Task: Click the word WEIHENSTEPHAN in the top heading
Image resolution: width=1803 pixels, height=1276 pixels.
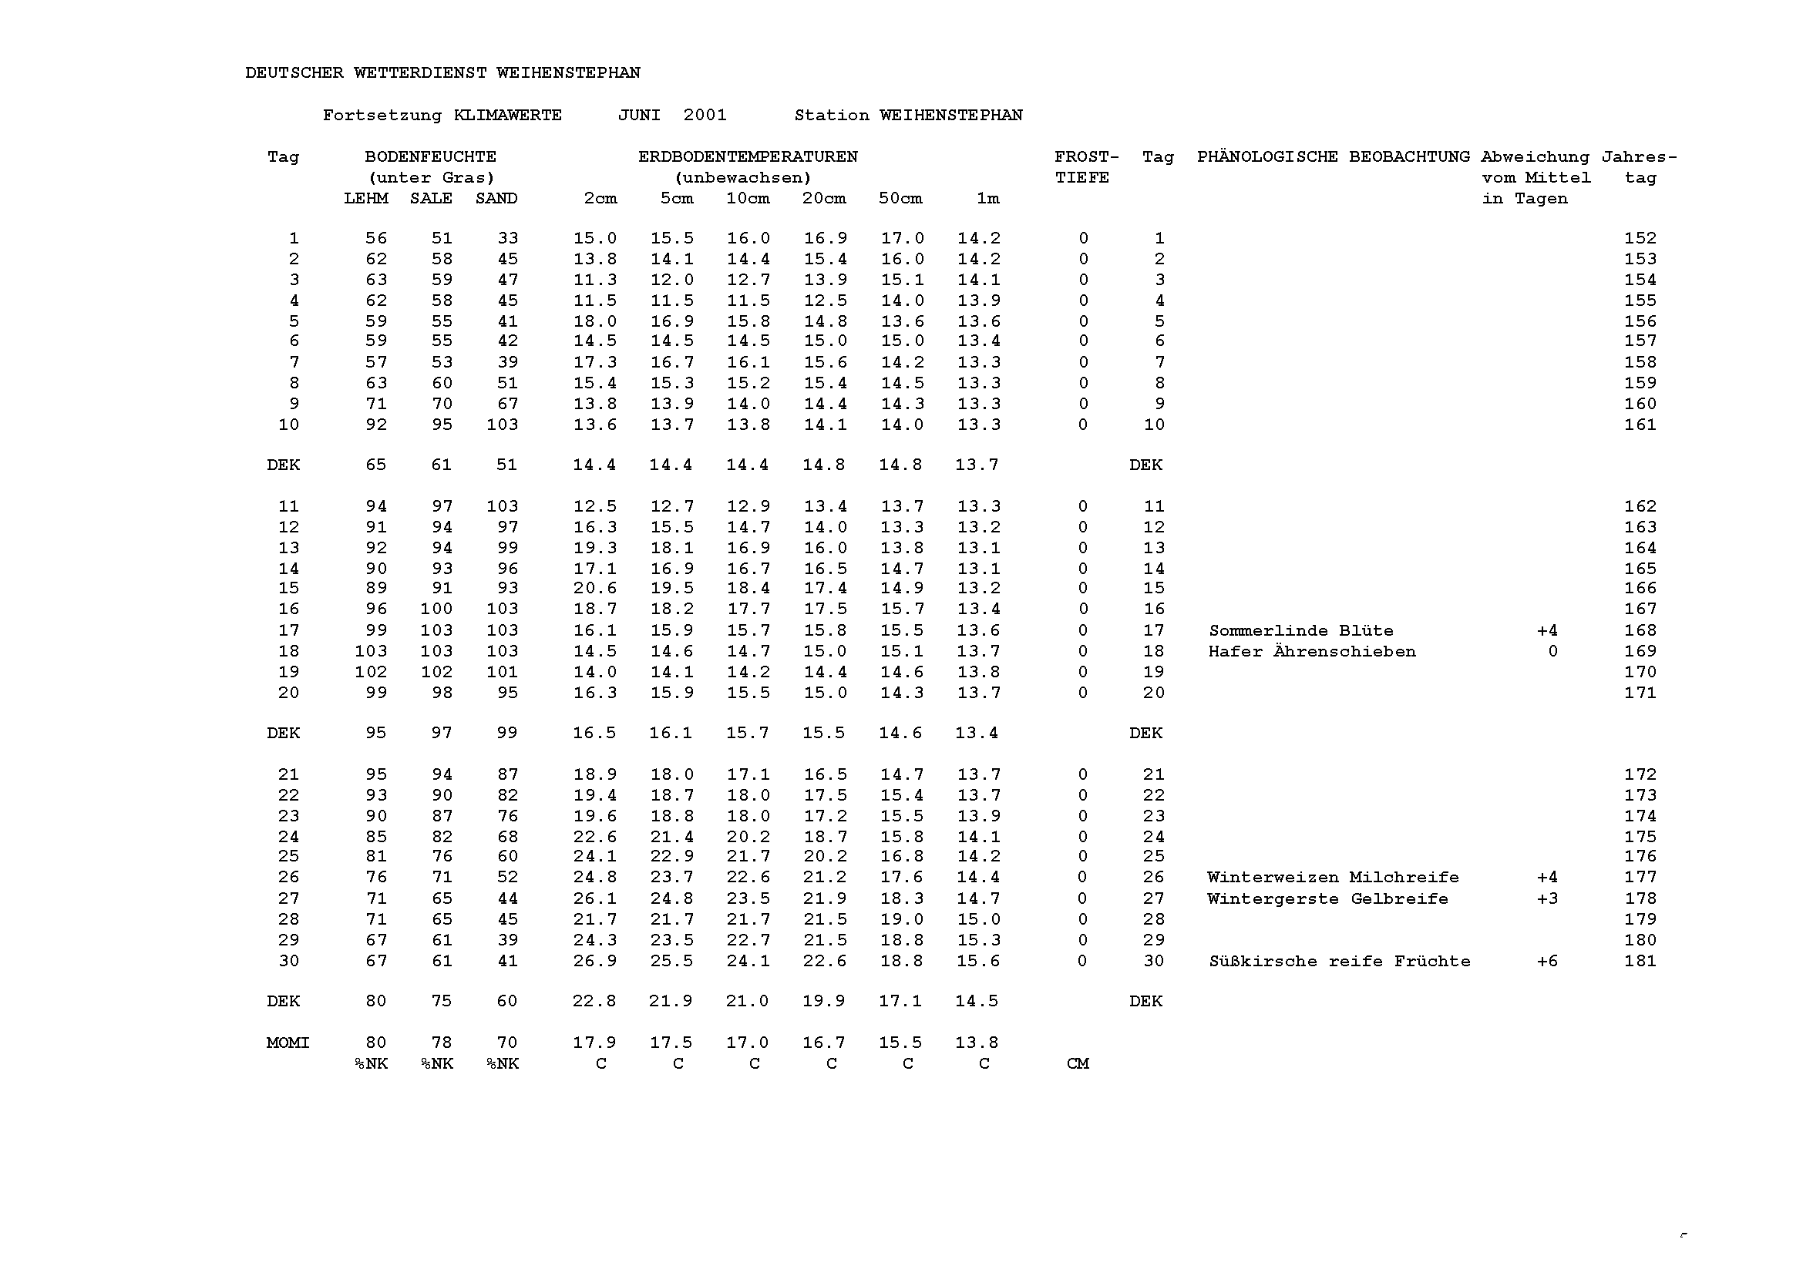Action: pos(567,73)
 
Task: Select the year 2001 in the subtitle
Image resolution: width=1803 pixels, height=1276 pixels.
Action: pos(705,116)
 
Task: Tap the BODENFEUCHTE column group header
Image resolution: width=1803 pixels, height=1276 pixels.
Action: pos(430,157)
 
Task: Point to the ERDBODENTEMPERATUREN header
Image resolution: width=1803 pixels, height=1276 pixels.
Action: pos(748,157)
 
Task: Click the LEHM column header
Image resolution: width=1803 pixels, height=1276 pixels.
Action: pos(365,199)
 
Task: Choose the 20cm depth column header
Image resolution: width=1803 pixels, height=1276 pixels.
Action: pos(824,199)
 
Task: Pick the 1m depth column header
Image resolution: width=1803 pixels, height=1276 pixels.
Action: pos(988,199)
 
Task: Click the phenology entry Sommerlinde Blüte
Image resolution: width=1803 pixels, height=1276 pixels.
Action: pos(1300,631)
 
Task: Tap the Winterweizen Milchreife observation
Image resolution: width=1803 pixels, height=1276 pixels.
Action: pos(1333,878)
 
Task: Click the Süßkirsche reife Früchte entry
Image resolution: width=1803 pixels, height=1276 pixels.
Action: pos(1339,962)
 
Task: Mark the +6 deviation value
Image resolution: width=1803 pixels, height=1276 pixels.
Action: pos(1547,962)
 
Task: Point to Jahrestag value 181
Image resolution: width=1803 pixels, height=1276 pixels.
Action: pos(1640,962)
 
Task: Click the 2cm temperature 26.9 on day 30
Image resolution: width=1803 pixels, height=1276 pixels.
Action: pos(594,962)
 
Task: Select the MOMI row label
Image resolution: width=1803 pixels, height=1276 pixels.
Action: pos(288,1043)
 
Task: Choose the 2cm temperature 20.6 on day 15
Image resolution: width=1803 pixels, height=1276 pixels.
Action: pos(594,589)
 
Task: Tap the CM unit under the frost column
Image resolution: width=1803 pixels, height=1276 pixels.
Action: pos(1078,1064)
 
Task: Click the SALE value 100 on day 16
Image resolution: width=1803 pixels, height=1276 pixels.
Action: pos(436,609)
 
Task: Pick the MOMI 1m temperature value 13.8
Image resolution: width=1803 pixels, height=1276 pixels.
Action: pos(977,1043)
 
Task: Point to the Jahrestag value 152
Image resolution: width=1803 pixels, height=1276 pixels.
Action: pos(1640,239)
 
